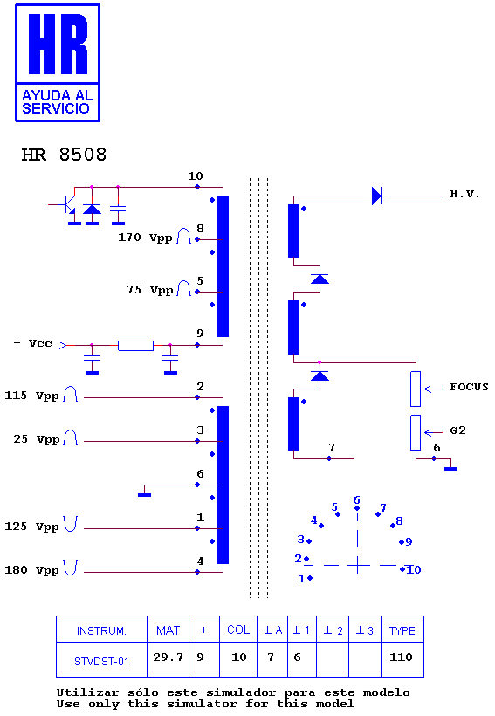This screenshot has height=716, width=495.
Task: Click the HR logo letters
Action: click(x=58, y=44)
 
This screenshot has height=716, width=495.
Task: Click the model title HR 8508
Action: click(x=64, y=155)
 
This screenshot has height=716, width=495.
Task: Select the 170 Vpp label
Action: click(x=145, y=238)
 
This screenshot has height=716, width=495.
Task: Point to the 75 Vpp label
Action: click(x=150, y=290)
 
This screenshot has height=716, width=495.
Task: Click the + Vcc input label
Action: click(x=33, y=343)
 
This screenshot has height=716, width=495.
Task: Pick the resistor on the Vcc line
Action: click(x=135, y=346)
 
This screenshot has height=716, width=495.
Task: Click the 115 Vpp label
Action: click(x=31, y=396)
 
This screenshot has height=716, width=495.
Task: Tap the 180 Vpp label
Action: click(x=31, y=570)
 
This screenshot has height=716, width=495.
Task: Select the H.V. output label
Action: click(x=464, y=195)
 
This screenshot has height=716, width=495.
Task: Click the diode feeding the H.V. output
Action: click(x=377, y=196)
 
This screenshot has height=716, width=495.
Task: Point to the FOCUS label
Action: click(x=469, y=387)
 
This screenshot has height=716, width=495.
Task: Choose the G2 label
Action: click(x=458, y=430)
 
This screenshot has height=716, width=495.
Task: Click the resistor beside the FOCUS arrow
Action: click(x=416, y=389)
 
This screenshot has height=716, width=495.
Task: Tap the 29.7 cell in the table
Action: click(x=168, y=657)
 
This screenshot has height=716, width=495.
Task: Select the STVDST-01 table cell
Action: click(x=101, y=662)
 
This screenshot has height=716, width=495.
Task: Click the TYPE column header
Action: click(x=402, y=631)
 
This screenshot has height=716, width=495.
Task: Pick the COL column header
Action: click(x=238, y=630)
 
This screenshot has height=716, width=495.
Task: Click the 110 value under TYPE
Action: click(x=401, y=657)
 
